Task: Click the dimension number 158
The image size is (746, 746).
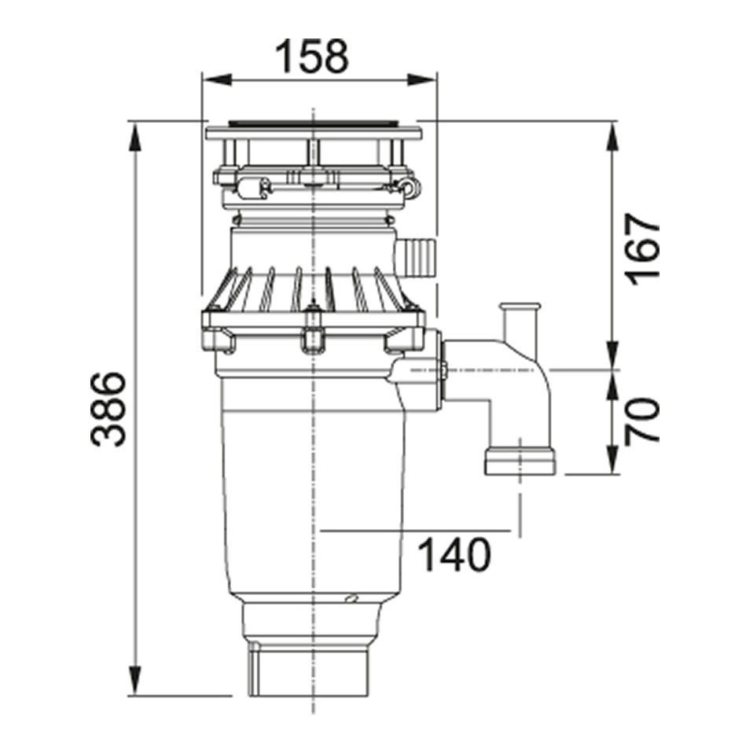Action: (312, 56)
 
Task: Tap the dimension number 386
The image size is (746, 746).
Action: (109, 409)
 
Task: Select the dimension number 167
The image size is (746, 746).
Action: (641, 249)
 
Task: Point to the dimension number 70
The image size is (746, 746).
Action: (641, 421)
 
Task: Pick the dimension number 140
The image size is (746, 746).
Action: (455, 554)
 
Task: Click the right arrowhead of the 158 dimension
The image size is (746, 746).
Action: (421, 80)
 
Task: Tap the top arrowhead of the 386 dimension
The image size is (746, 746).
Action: (135, 138)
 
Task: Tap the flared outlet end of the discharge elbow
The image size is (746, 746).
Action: (520, 460)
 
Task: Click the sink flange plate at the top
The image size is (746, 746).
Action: (314, 131)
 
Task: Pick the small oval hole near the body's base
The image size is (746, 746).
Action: (352, 597)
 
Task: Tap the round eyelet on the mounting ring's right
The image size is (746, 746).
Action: (410, 186)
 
